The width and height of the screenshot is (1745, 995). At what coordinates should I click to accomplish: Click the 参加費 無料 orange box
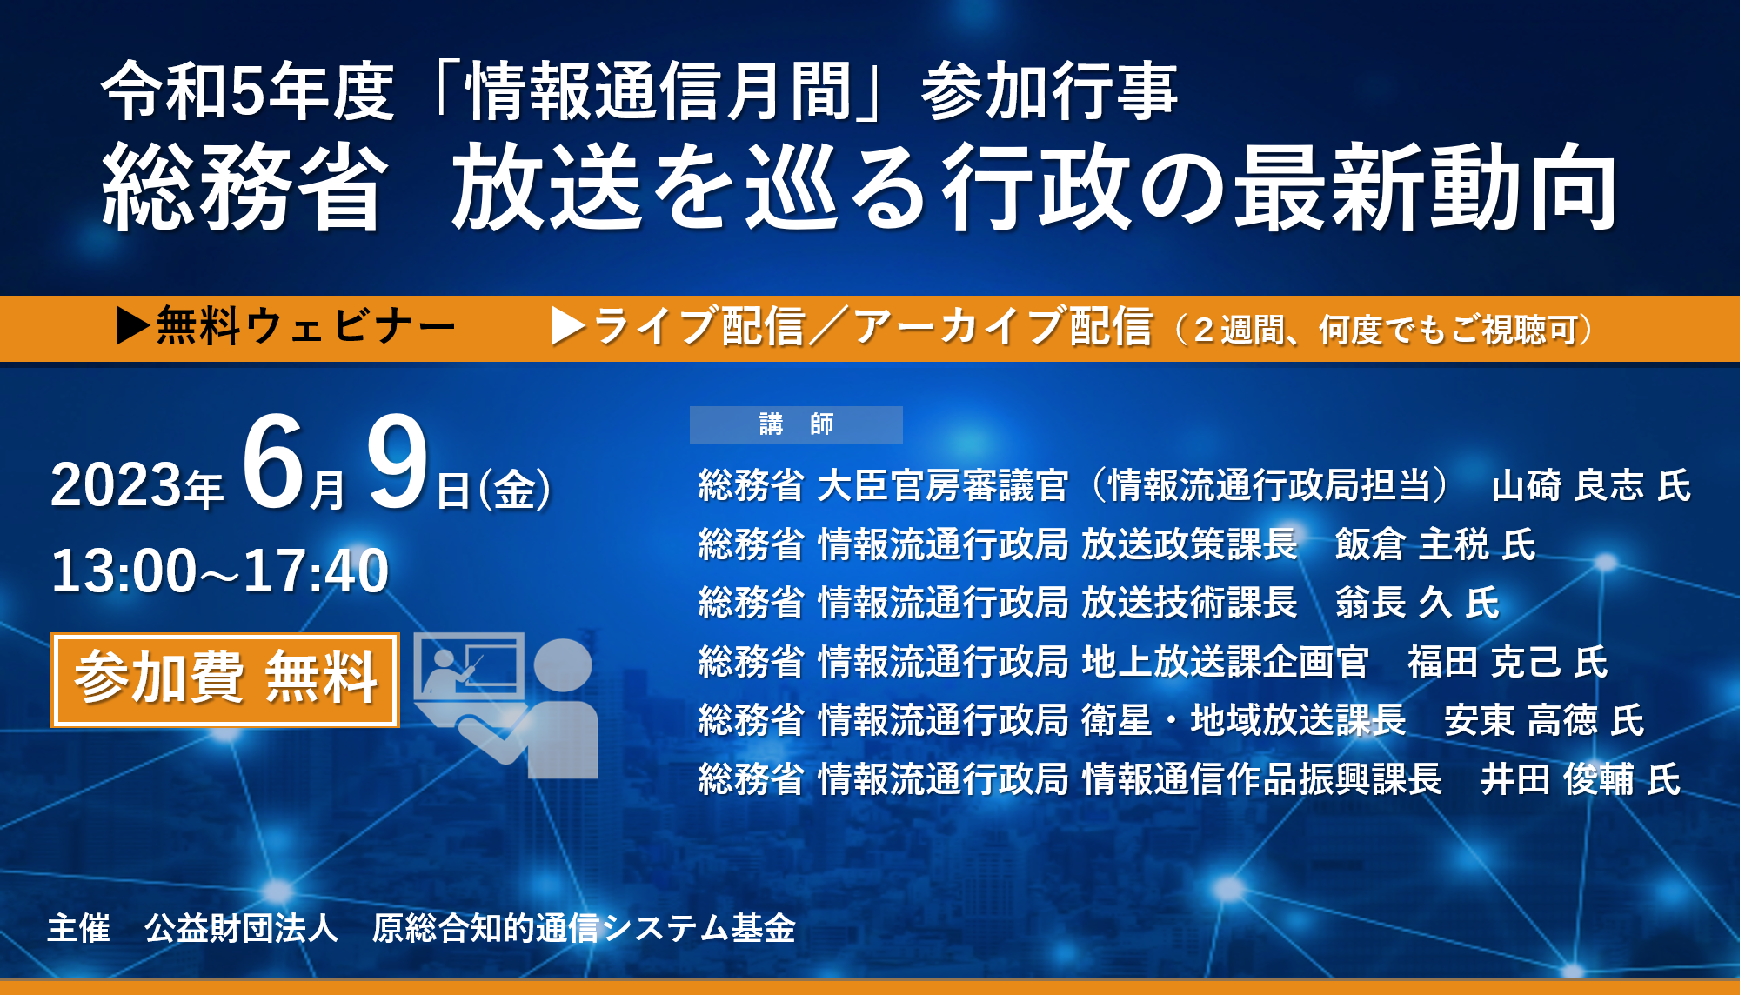point(225,680)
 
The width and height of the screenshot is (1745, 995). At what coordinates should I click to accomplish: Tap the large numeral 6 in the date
point(274,463)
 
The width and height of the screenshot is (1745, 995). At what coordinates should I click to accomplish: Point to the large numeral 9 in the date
point(397,463)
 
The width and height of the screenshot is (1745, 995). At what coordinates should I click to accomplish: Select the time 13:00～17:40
point(220,571)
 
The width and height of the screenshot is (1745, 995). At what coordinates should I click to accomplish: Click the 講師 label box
point(796,424)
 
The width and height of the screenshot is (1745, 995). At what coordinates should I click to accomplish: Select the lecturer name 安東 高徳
point(1521,720)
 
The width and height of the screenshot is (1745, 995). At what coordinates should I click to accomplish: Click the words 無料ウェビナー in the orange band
point(305,327)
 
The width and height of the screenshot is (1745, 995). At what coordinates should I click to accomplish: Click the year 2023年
point(137,485)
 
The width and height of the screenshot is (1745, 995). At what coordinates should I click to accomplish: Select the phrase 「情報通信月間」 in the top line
point(658,91)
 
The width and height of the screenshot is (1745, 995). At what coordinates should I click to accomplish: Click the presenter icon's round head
point(563,666)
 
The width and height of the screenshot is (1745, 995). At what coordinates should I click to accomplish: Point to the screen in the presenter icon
point(470,666)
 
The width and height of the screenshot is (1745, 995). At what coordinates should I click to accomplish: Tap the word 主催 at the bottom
point(79,928)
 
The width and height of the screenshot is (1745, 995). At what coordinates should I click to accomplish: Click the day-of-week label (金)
point(514,489)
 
